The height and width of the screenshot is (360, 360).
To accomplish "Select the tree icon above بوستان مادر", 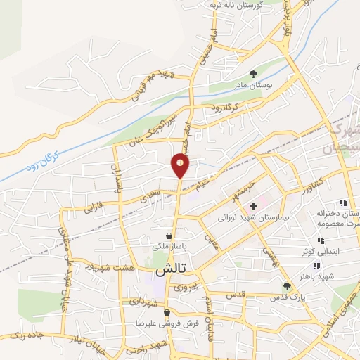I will coord(254,73).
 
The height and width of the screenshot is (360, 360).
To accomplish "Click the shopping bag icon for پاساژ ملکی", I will coord(169,236).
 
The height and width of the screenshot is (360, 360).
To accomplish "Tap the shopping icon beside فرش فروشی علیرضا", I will coord(167,313).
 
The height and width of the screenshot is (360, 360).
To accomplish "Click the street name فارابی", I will coord(94,208).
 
